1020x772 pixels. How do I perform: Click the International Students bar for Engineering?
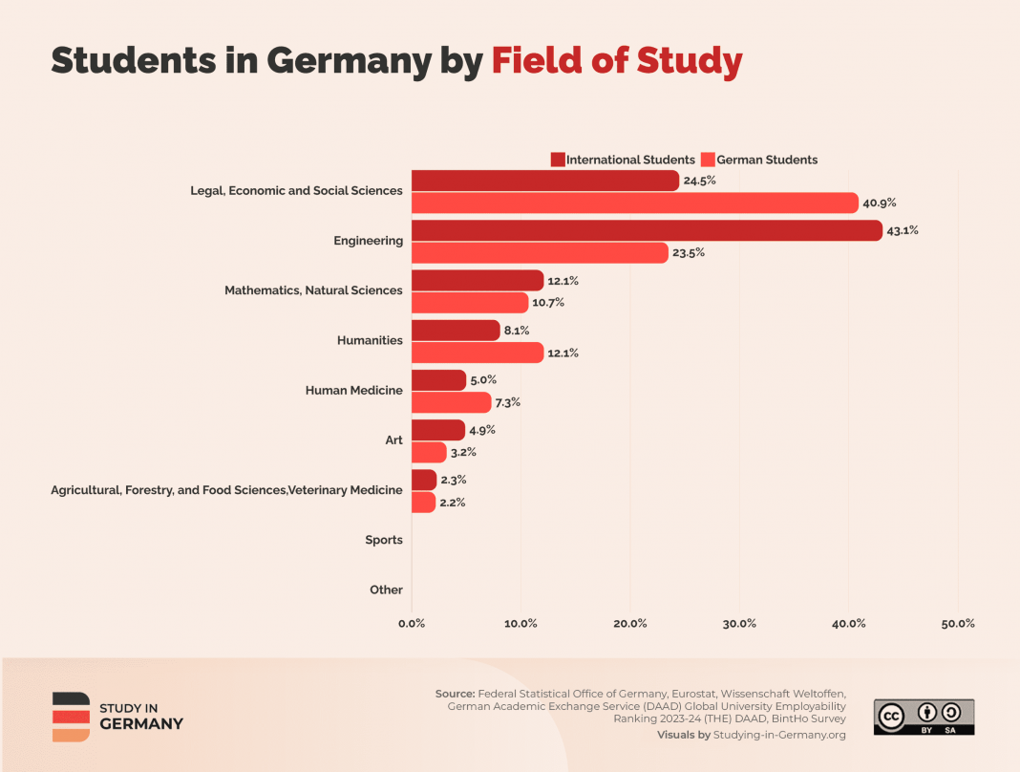pyautogui.click(x=647, y=230)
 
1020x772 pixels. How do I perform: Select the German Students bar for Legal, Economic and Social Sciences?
pyautogui.click(x=635, y=203)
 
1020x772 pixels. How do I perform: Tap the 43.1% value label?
pyautogui.click(x=903, y=230)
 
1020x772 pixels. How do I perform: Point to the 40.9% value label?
pyautogui.click(x=880, y=203)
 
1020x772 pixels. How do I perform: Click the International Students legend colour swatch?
pyautogui.click(x=558, y=160)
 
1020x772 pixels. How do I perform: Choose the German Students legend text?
pyautogui.click(x=767, y=160)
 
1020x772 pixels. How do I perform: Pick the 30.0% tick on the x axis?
pyautogui.click(x=739, y=623)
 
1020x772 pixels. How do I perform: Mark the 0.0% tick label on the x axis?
pyautogui.click(x=412, y=623)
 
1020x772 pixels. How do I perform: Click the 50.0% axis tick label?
pyautogui.click(x=958, y=623)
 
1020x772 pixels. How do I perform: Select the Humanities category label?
pyautogui.click(x=370, y=340)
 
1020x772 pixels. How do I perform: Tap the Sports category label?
pyautogui.click(x=384, y=540)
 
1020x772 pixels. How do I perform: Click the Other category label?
pyautogui.click(x=386, y=590)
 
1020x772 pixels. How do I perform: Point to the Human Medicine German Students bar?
pyautogui.click(x=451, y=402)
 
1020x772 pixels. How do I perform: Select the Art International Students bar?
pyautogui.click(x=438, y=430)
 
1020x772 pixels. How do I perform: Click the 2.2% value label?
pyautogui.click(x=453, y=503)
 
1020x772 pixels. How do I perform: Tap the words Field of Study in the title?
pyautogui.click(x=617, y=60)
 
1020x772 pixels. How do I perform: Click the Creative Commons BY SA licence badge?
pyautogui.click(x=924, y=717)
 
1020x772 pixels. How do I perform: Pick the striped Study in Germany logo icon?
pyautogui.click(x=71, y=717)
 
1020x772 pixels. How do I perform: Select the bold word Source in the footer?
pyautogui.click(x=455, y=694)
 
